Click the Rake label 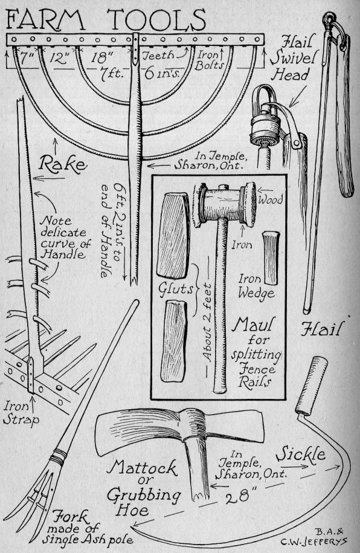tap(63, 164)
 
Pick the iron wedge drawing tap(271, 258)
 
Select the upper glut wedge tap(172, 235)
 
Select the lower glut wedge tap(173, 340)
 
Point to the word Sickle tap(300, 454)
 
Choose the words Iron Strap tap(21, 413)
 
